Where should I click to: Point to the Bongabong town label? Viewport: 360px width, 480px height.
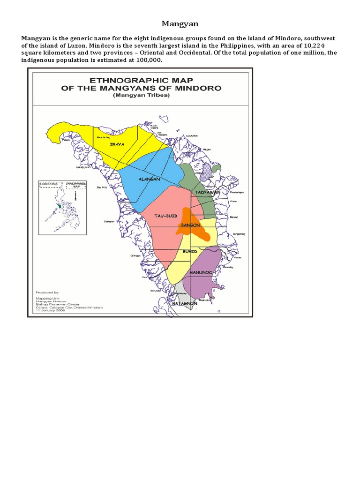239,233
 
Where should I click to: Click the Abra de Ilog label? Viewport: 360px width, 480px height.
102,137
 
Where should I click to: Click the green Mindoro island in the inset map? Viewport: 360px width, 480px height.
60,205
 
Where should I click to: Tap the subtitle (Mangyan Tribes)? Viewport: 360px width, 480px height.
141,95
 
